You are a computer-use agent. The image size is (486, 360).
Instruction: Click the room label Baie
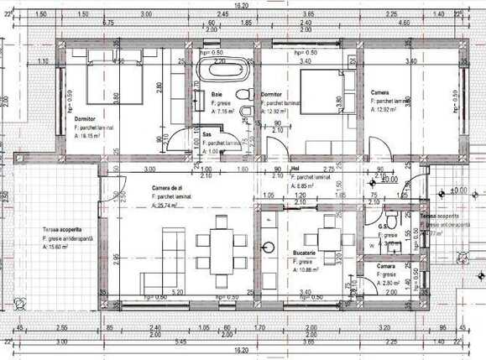point(217,94)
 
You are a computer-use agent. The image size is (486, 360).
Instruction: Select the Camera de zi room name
point(167,187)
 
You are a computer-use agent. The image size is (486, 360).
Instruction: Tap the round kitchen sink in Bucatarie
point(269,248)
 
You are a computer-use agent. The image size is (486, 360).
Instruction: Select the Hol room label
point(294,169)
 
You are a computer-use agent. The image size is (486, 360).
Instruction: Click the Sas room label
point(207,134)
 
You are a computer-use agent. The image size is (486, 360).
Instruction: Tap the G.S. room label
point(383,227)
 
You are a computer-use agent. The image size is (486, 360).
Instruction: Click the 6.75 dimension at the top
point(107,23)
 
